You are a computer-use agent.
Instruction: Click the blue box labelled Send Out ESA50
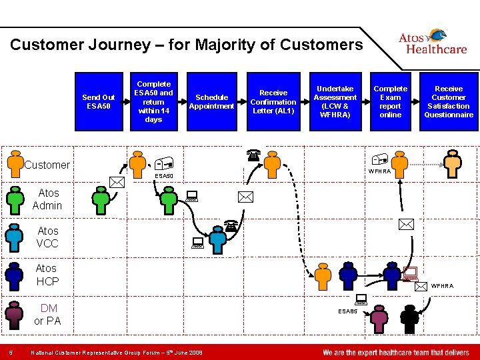click(99, 101)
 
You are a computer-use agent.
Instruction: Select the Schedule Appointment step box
click(211, 101)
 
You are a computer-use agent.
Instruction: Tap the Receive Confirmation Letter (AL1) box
click(273, 101)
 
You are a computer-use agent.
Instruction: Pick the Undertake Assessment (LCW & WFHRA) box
click(335, 101)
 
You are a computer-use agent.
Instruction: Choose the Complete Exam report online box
click(390, 101)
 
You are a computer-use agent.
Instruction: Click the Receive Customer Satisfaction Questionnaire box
click(449, 101)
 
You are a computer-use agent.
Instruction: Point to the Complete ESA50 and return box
click(153, 101)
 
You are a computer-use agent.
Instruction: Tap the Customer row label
click(47, 165)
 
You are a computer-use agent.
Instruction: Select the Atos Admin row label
click(47, 199)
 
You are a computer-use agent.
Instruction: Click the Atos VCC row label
click(47, 237)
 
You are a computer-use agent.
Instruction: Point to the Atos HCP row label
click(47, 275)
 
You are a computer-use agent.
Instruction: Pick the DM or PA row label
click(48, 314)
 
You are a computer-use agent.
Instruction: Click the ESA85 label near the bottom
click(347, 311)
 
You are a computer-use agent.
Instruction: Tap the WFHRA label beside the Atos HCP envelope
click(441, 286)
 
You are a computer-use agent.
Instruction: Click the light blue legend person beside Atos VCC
click(13, 236)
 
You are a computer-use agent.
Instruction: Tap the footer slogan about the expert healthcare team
click(395, 352)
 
